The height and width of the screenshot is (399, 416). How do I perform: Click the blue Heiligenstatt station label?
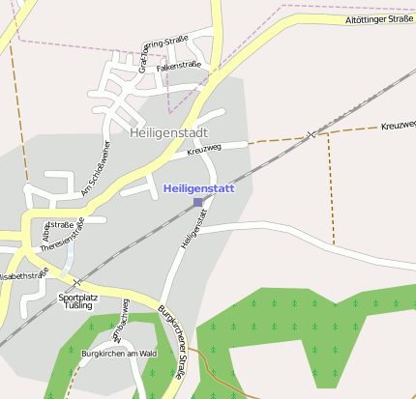pyautogui.click(x=199, y=189)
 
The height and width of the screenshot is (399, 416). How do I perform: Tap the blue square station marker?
pyautogui.click(x=198, y=202)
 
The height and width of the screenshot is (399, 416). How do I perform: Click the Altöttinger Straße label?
pyautogui.click(x=379, y=19)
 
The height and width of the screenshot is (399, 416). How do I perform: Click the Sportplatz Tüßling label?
pyautogui.click(x=76, y=300)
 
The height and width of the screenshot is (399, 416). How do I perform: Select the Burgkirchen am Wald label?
pyautogui.click(x=119, y=354)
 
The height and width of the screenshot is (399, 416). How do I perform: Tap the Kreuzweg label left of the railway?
pyautogui.click(x=204, y=147)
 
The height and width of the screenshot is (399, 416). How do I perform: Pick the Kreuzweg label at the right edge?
pyautogui.click(x=398, y=127)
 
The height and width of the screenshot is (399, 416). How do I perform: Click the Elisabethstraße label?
pyautogui.click(x=23, y=274)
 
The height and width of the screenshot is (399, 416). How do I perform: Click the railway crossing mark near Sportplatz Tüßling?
pyautogui.click(x=76, y=281)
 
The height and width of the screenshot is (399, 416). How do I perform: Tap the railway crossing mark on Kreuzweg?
pyautogui.click(x=310, y=133)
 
